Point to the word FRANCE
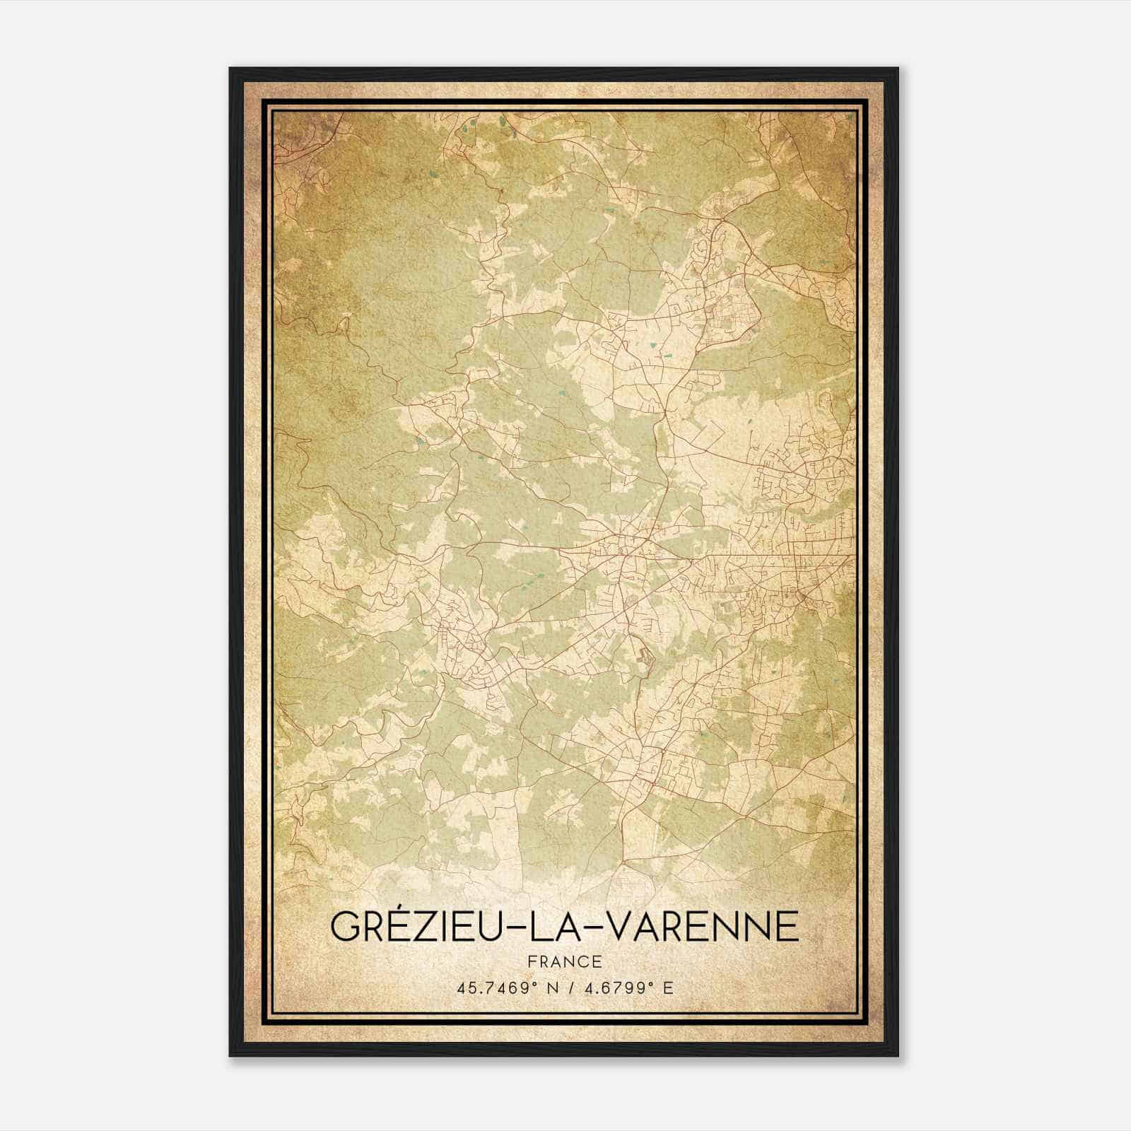(564, 962)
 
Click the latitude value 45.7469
(493, 988)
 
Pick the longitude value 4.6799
(615, 988)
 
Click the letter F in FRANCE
(531, 962)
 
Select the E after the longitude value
(668, 988)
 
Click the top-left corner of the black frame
(230, 69)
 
